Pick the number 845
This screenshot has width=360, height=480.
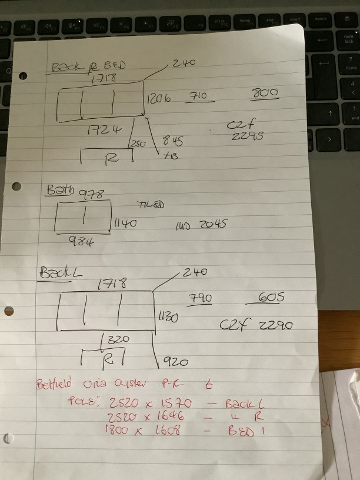tap(172, 141)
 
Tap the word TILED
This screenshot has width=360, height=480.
tap(151, 205)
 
